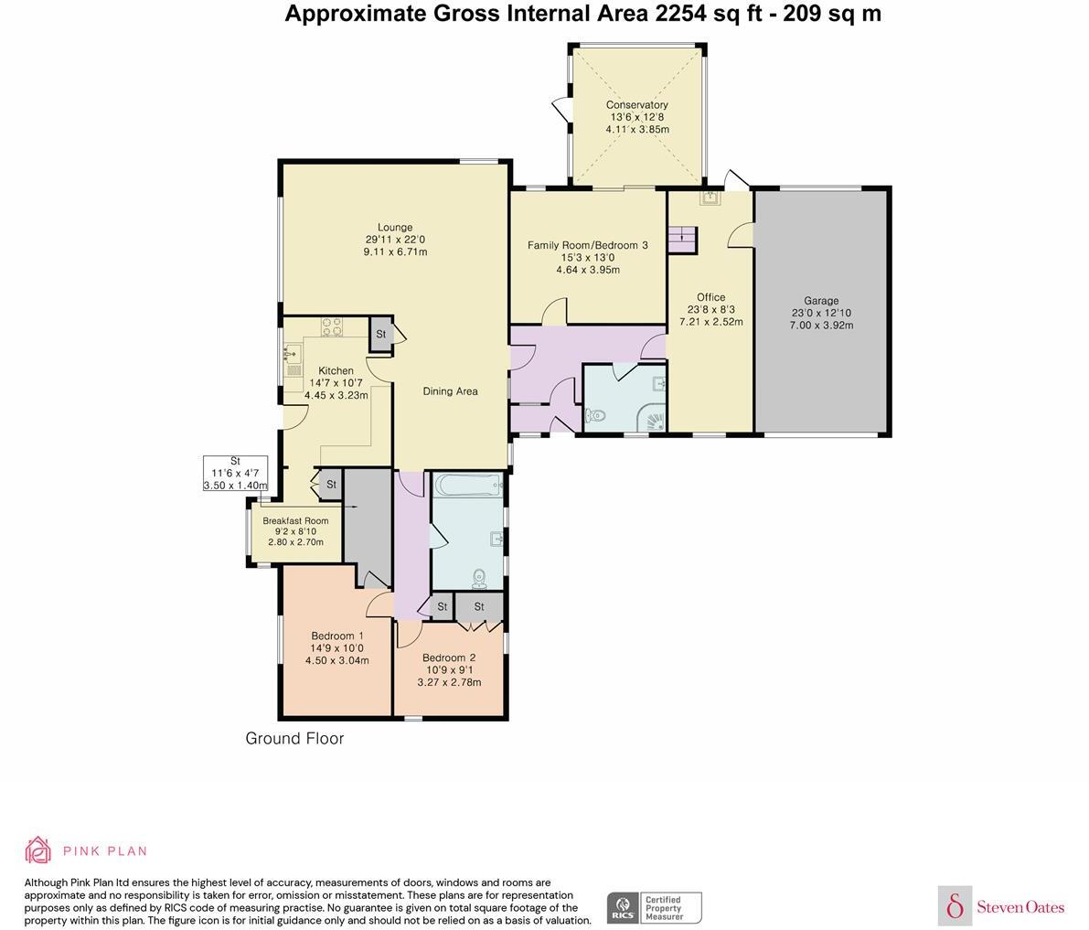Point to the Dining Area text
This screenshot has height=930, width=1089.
(450, 391)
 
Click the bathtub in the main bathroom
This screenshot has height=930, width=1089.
(467, 485)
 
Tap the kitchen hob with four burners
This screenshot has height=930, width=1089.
(331, 326)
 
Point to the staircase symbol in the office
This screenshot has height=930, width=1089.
(682, 240)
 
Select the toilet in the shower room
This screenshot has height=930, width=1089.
(595, 416)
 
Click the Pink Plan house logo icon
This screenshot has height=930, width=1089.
(38, 850)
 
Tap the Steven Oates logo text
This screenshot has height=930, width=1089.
(1020, 907)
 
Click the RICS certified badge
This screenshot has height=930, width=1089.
(655, 908)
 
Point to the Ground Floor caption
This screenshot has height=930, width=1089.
(294, 738)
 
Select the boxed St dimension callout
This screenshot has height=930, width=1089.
(235, 474)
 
